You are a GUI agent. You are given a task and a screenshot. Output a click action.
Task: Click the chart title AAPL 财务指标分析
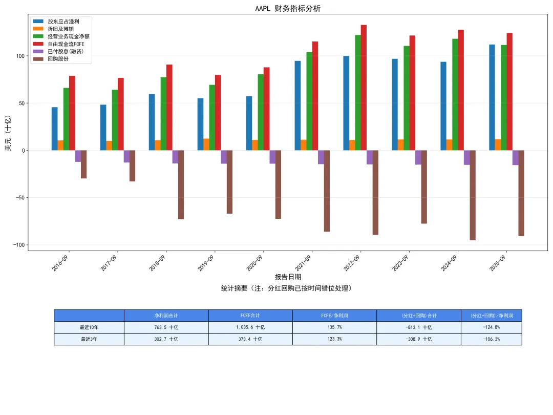point(288,9)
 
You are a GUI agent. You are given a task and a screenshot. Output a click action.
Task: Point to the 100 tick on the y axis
point(20,56)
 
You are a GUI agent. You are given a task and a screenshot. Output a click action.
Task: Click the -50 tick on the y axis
point(19,198)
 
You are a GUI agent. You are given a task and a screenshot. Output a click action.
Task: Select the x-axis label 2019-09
point(206,263)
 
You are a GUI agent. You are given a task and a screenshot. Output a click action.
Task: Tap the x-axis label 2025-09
point(497,263)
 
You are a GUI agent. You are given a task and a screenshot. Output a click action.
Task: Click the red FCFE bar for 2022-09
point(364,88)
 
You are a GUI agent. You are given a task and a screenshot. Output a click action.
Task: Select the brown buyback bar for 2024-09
point(473,195)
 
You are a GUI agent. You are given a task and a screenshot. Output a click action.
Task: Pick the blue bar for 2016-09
point(55,129)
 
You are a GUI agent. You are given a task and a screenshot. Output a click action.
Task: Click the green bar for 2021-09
point(309,101)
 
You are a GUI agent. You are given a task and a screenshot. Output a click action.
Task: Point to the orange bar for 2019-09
point(206,144)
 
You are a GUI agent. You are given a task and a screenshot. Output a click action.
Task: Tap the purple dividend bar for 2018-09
point(175,157)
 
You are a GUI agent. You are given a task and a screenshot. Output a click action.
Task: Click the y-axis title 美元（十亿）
point(8,133)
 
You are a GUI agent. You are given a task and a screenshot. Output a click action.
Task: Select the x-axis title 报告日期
point(288,277)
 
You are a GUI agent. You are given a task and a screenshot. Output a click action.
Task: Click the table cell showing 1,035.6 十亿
point(250,327)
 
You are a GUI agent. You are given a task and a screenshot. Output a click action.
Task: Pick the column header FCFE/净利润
point(334,316)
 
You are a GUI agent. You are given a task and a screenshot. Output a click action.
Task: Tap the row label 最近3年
point(89,339)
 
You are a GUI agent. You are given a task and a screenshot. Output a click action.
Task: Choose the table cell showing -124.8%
point(491,327)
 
